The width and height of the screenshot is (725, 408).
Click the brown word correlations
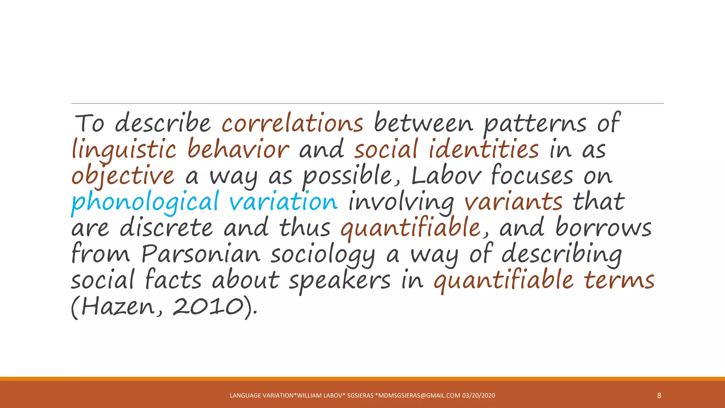point(292,123)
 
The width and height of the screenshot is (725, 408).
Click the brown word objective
point(123,176)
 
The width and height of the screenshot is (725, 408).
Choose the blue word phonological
point(145,202)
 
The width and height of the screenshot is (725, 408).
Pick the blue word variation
point(284,202)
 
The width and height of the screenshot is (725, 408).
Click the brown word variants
point(513,202)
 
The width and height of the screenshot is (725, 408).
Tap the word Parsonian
point(201,254)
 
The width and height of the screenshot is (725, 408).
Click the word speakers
point(340,280)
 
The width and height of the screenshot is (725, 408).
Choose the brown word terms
point(619,280)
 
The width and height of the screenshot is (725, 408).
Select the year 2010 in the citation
point(208,306)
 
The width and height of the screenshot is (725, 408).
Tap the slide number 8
point(659,396)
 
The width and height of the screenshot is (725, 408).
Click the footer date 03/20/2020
point(479,396)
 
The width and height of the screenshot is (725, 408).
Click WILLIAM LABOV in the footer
point(320,396)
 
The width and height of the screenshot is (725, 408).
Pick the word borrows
point(603,228)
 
